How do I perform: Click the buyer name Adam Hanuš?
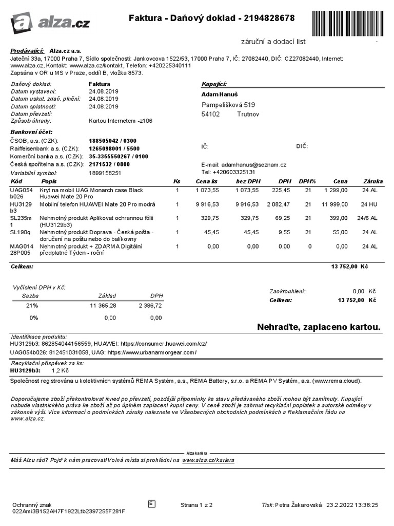tap(220, 95)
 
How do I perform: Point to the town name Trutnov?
tap(248, 114)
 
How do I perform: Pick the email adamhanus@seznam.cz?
tap(250, 164)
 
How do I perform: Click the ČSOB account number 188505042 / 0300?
tap(113, 141)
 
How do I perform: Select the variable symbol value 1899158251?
tap(105, 173)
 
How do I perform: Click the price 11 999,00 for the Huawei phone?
tap(335, 204)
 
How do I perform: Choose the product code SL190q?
tap(21, 233)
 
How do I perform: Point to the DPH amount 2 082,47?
tap(278, 204)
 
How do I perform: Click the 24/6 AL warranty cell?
tap(368, 218)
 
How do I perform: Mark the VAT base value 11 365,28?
tap(103, 305)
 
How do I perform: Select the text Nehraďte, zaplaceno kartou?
tap(319, 327)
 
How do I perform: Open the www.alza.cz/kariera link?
tap(208, 460)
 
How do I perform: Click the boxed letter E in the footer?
tap(151, 504)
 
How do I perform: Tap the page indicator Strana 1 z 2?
tap(196, 505)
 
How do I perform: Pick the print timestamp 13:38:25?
tap(365, 505)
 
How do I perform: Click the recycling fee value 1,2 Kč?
tap(60, 370)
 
